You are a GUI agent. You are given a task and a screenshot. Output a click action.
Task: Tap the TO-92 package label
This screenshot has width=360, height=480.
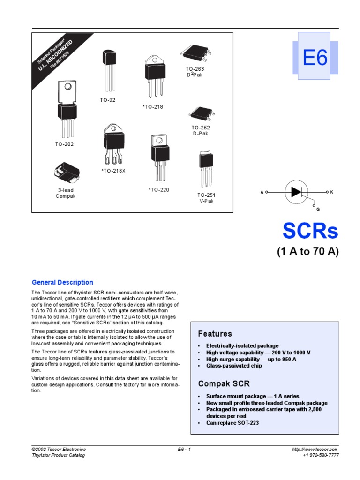click(107, 100)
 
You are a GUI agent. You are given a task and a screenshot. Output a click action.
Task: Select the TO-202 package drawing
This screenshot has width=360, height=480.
click(67, 108)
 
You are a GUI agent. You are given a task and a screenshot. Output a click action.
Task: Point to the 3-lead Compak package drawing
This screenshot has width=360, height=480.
click(66, 173)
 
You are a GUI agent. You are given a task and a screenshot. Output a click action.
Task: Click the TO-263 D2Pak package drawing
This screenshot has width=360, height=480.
click(195, 53)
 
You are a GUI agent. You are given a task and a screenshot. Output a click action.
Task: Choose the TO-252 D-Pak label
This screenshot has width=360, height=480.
click(200, 130)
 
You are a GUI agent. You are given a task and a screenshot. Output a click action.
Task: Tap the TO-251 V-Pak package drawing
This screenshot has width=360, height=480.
click(206, 169)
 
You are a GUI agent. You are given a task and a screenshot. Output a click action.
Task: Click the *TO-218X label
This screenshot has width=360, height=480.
click(114, 171)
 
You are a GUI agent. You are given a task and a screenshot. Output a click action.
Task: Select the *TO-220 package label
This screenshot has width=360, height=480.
click(159, 190)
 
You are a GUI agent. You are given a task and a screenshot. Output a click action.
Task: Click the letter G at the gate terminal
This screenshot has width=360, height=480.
click(318, 209)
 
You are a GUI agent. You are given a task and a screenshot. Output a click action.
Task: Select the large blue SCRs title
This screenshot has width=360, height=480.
click(310, 231)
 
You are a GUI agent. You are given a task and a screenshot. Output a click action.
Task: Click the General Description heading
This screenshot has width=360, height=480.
click(62, 282)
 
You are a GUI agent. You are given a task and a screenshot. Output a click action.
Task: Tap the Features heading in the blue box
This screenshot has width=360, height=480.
click(215, 334)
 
